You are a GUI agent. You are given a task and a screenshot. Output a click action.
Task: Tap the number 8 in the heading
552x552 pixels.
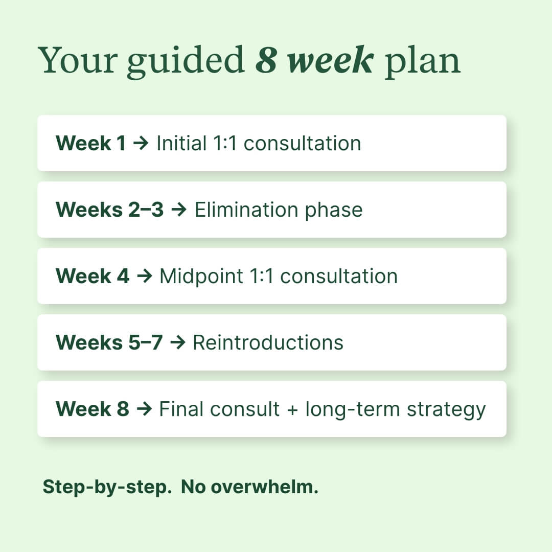coord(266,61)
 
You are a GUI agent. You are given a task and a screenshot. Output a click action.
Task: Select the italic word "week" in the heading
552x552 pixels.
coord(330,61)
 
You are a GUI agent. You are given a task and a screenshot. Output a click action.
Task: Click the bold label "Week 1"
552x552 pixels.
coord(90,143)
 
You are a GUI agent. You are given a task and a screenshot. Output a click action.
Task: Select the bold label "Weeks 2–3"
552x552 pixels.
coord(109,210)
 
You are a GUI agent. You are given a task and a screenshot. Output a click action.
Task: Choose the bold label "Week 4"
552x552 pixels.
coord(93,276)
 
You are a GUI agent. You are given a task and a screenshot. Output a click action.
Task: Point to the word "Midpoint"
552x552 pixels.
coord(201,276)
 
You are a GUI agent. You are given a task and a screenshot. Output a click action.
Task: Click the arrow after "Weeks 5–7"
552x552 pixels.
coord(177,343)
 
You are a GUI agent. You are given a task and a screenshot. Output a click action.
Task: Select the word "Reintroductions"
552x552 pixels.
coord(268,342)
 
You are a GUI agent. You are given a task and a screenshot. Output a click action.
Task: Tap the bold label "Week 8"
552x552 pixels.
coord(93,409)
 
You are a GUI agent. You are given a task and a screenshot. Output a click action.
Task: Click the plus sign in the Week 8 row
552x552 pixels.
coord(292,409)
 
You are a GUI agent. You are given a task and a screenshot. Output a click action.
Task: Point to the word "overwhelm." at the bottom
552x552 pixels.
coord(264,487)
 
